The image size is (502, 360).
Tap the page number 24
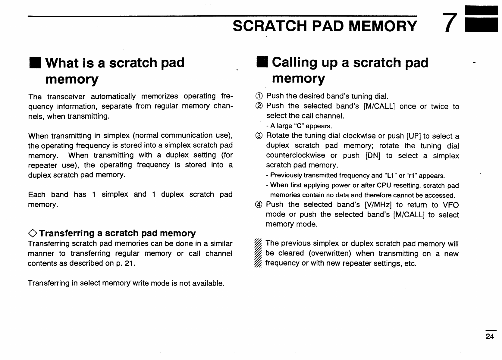pos(490,337)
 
